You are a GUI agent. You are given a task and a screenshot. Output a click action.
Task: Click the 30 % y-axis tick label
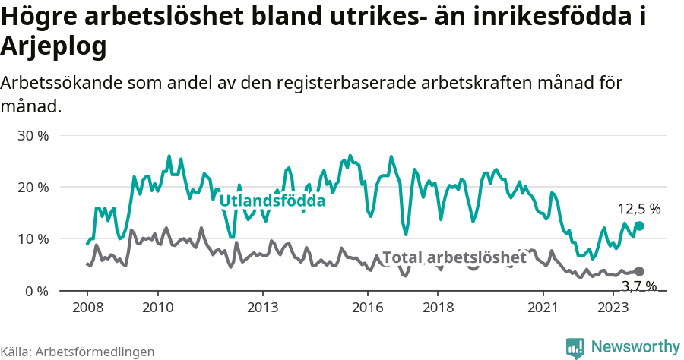[x=33, y=136]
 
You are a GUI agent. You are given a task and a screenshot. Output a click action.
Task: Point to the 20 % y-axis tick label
[x=33, y=188]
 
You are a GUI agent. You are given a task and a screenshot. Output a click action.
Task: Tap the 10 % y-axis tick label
[x=33, y=239]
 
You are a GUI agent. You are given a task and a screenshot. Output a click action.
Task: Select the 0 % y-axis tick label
[x=36, y=291]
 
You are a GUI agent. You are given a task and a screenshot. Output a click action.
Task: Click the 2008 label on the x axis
[x=87, y=308]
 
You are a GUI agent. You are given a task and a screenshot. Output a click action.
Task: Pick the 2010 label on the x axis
[x=158, y=308]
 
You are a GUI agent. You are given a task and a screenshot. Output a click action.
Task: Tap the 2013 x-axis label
[x=263, y=308]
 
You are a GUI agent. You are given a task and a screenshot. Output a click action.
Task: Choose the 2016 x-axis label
[x=368, y=308]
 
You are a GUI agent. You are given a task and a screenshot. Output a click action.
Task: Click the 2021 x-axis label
[x=543, y=308]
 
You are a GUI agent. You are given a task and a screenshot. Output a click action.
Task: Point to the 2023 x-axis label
[x=613, y=308]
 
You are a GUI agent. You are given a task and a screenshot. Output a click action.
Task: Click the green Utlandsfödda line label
[x=272, y=201]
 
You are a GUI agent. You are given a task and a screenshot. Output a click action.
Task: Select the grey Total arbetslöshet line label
[x=454, y=258]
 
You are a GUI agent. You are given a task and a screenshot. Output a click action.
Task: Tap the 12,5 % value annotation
[x=638, y=209]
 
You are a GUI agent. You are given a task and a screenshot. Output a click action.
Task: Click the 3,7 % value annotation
[x=638, y=286]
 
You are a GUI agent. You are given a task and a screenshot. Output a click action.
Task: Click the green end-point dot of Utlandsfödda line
[x=639, y=226]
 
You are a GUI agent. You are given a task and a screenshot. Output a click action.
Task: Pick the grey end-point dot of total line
[x=639, y=271]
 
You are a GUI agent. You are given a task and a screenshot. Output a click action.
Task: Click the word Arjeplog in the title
[x=53, y=47]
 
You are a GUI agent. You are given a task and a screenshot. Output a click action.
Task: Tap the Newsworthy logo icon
[x=575, y=347]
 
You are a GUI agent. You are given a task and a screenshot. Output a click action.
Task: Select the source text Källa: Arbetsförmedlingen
[x=78, y=352]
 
